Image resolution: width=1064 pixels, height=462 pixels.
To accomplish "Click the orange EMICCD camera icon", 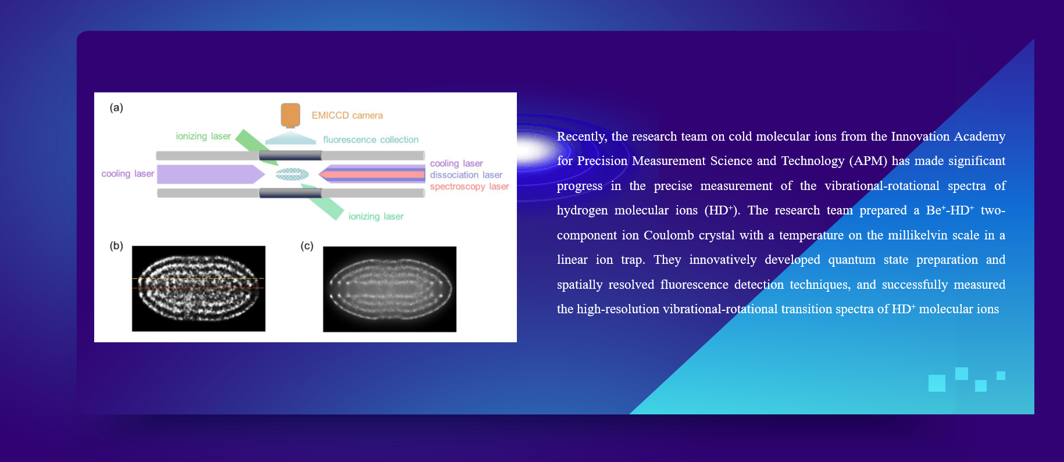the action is (291, 115).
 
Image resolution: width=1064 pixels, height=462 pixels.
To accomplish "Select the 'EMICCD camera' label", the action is (347, 116).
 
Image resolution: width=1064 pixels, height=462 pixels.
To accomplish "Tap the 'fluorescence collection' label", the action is (371, 139).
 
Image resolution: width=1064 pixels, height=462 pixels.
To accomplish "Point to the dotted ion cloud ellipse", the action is (292, 174).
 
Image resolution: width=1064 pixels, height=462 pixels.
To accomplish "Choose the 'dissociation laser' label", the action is (466, 175).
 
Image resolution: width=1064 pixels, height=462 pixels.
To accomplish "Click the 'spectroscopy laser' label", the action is (469, 187).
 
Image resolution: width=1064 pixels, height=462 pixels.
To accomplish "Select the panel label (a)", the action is (116, 108).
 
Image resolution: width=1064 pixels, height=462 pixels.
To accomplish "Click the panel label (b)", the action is (116, 246).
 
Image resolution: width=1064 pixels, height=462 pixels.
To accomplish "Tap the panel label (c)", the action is (307, 246).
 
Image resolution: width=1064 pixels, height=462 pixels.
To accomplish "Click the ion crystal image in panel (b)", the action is (199, 289).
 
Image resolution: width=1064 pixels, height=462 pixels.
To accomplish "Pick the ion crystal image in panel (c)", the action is (390, 289).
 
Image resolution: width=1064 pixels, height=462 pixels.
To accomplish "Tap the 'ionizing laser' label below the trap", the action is (376, 216).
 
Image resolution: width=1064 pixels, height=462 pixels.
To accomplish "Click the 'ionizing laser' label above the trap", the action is (203, 136).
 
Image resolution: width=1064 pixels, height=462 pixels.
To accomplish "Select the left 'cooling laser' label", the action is (128, 174).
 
